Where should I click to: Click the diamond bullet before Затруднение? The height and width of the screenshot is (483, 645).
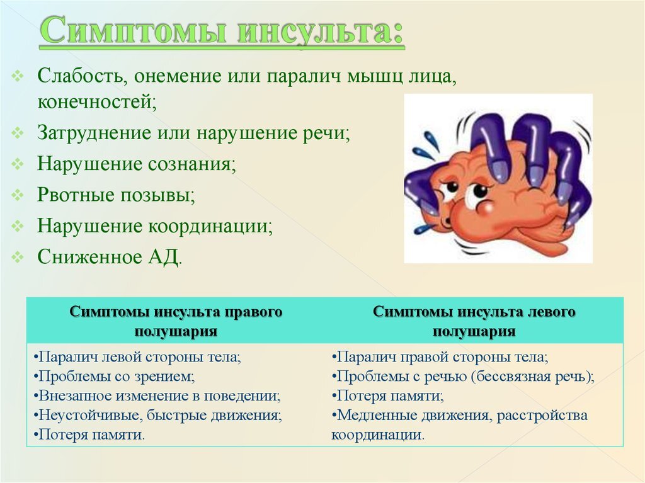(x=19, y=133)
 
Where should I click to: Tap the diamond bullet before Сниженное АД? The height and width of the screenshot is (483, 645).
(x=19, y=256)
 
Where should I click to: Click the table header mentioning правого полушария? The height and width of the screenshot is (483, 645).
(x=176, y=321)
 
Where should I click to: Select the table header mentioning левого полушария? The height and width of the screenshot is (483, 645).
(x=474, y=321)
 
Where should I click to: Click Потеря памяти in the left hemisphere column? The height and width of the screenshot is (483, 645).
(x=388, y=396)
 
